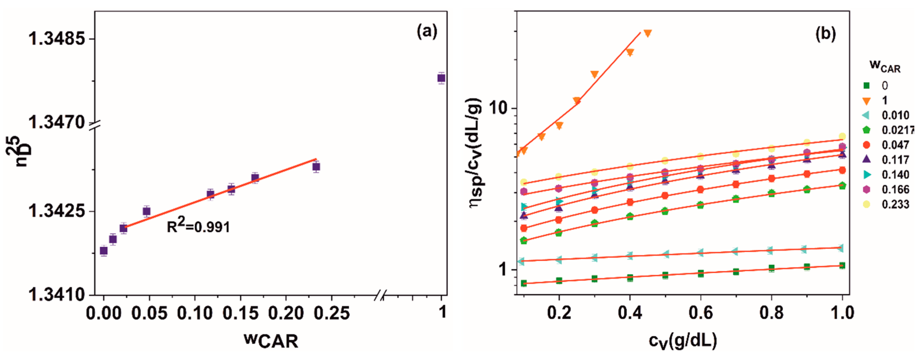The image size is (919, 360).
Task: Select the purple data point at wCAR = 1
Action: point(441,78)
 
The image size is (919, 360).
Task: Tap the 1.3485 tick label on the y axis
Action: point(57,39)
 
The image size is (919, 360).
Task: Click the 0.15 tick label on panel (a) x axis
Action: point(241,313)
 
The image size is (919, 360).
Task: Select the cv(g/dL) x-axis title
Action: point(683,341)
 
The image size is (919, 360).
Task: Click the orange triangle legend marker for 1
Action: point(866,101)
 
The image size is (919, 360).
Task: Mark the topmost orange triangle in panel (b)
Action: point(648,33)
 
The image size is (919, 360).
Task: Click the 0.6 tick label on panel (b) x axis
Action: point(700,313)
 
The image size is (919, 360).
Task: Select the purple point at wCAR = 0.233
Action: point(316,166)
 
